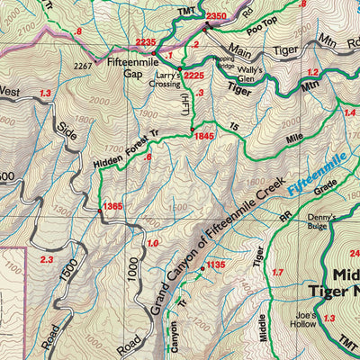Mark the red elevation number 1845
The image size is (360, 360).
click(202, 135)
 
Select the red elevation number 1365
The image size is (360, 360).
click(112, 207)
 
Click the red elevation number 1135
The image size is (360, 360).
click(215, 265)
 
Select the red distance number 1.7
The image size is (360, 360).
click(277, 272)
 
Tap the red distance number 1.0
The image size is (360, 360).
click(152, 244)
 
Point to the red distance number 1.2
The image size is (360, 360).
click(312, 71)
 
